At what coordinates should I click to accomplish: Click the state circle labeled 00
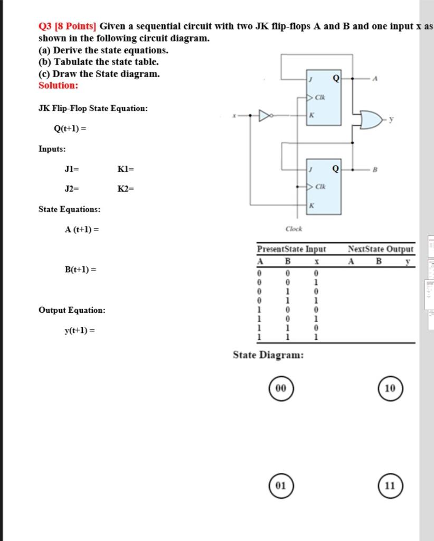point(281,388)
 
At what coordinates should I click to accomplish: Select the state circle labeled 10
point(390,388)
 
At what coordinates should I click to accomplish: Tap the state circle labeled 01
point(281,485)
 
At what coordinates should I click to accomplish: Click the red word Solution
point(58,85)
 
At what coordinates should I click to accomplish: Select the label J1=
point(72,169)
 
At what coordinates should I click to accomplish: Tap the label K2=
point(126,189)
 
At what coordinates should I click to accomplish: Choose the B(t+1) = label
point(80,269)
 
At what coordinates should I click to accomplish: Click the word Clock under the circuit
point(294,229)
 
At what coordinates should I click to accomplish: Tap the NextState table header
point(366,249)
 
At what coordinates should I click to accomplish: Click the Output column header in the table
point(400,249)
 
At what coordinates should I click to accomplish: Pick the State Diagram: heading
point(268,355)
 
